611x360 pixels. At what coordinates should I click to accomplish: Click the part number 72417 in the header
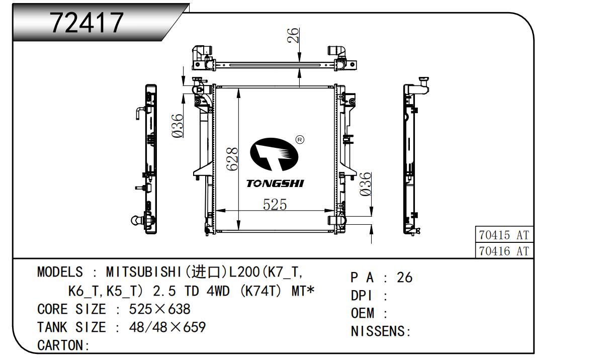87,23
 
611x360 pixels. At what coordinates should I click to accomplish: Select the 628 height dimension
233,159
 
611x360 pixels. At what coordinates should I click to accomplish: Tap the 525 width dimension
275,205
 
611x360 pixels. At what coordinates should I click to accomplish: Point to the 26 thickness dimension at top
293,35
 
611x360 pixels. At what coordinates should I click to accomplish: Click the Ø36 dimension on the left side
178,126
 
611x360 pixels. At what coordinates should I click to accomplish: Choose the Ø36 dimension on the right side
366,184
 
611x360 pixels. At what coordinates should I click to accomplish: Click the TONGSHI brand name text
275,184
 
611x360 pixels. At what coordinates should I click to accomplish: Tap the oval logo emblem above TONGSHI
274,154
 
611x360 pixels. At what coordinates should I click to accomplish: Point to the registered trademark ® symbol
300,140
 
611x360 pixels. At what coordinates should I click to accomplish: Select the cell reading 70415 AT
504,235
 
